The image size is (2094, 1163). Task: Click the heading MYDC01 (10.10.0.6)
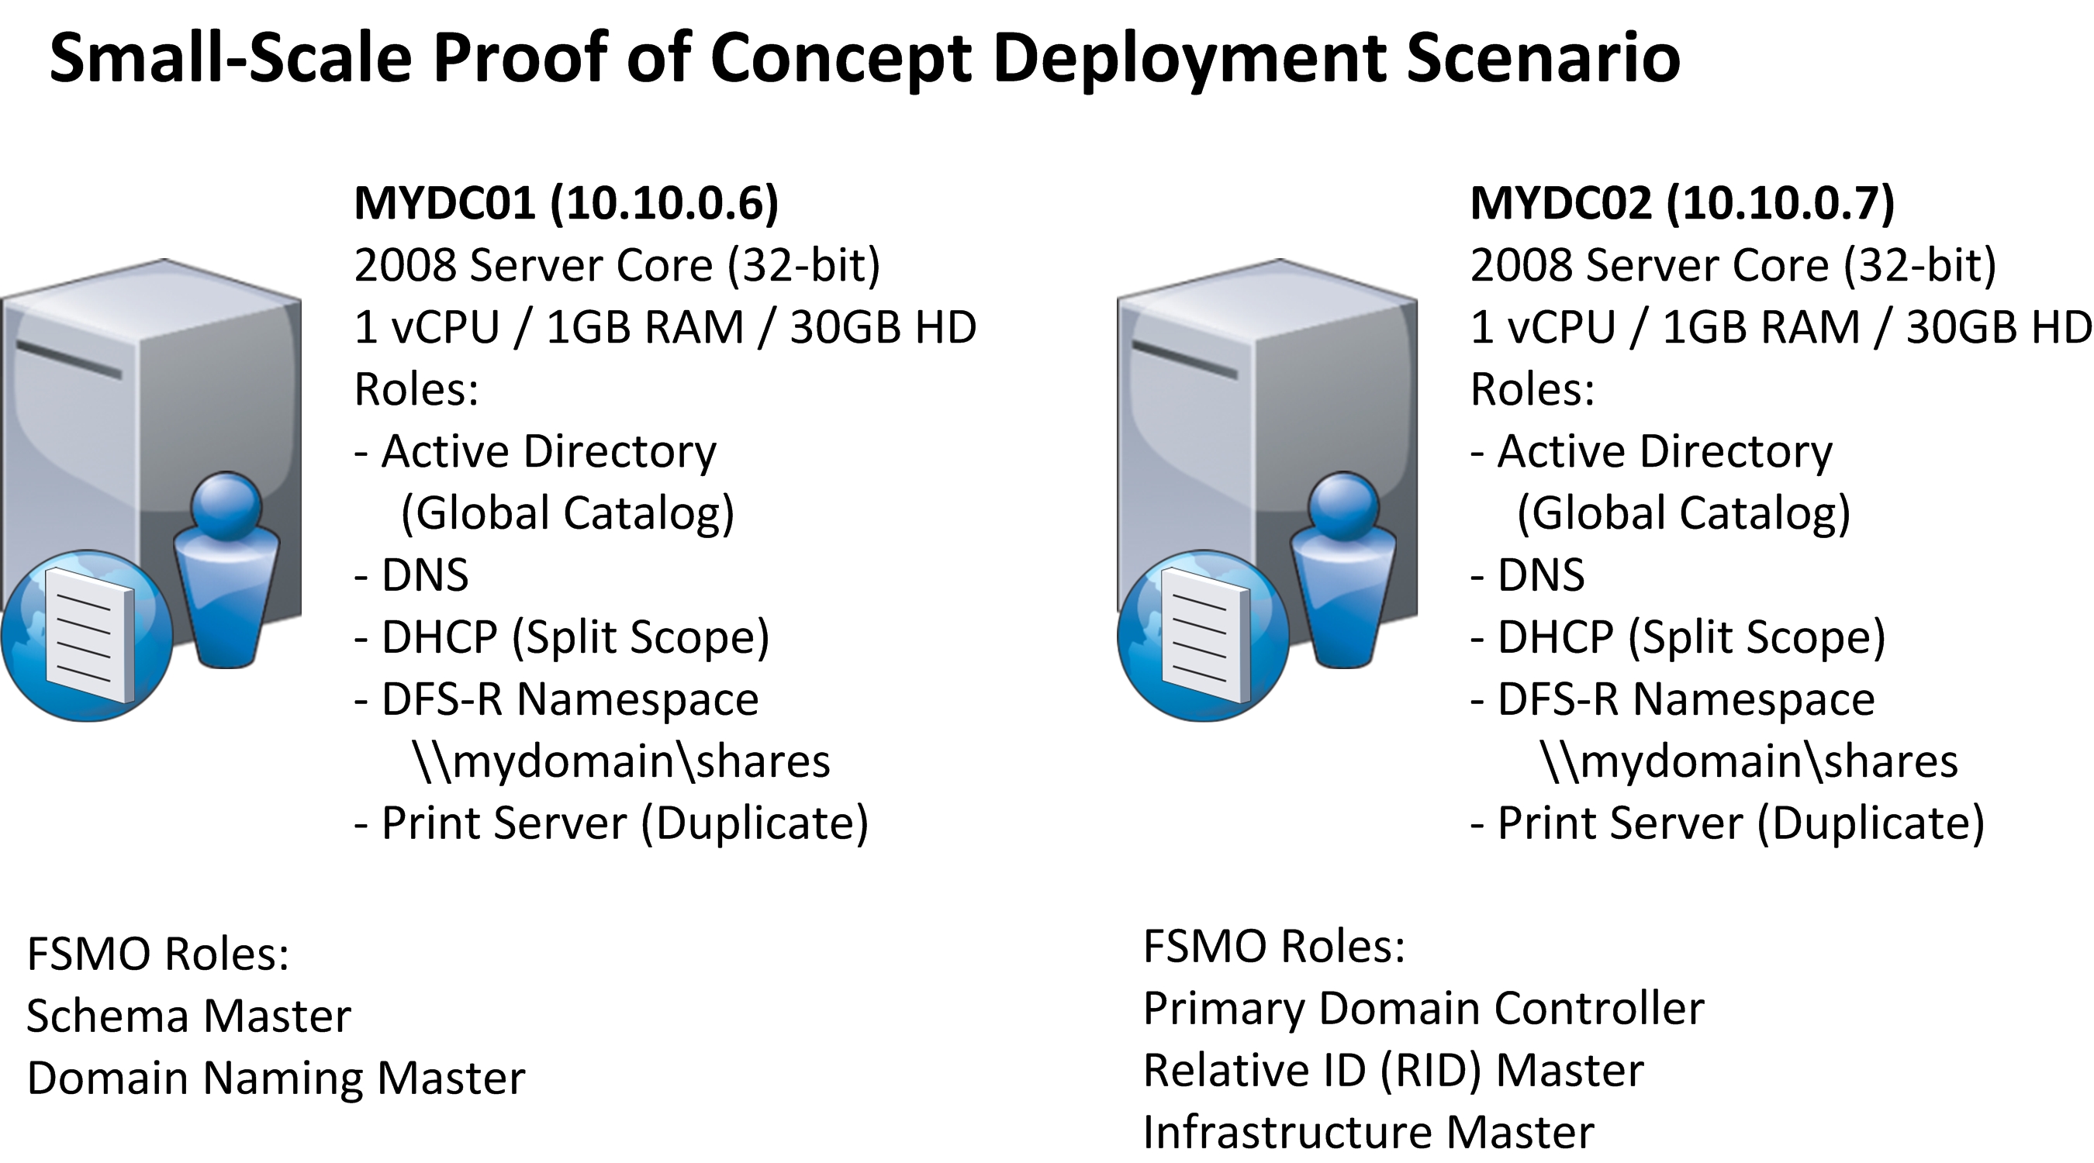tap(566, 202)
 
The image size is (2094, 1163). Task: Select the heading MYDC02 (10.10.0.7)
tap(1682, 202)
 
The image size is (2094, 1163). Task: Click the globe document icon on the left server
tap(87, 636)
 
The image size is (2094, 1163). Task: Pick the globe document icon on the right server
tap(1203, 636)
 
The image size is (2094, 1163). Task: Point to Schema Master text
tap(188, 1016)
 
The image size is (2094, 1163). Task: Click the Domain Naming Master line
tap(275, 1078)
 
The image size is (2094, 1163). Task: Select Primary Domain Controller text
tap(1422, 1009)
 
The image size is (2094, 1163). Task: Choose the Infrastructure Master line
tap(1368, 1132)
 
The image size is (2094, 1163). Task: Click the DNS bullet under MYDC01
tap(412, 575)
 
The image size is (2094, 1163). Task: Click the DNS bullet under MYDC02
tap(1528, 575)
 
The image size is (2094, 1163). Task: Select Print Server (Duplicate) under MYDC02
tap(1728, 823)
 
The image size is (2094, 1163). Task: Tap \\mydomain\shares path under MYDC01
tap(622, 761)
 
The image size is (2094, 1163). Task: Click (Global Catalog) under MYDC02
tap(1684, 513)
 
